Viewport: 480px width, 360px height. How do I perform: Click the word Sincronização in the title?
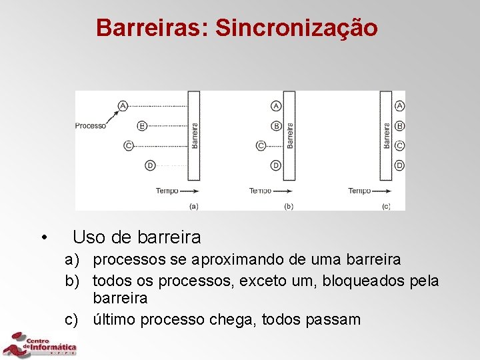coord(297,28)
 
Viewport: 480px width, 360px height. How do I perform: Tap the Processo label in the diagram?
coord(91,125)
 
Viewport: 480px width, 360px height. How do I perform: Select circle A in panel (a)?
coord(123,105)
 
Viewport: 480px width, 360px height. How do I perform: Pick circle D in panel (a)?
coord(150,165)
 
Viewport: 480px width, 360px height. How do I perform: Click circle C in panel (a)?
coord(129,145)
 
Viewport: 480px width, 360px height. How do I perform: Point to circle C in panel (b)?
coord(261,145)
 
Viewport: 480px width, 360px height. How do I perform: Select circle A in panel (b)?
coord(276,105)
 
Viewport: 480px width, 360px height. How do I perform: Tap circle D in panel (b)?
coord(276,165)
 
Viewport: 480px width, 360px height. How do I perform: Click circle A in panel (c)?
coord(399,105)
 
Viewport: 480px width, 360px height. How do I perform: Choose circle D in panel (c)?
coord(399,165)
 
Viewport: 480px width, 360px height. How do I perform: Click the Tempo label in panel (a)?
coord(167,191)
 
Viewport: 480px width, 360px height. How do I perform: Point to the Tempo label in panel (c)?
coord(359,191)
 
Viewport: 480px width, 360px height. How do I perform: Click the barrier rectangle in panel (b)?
coord(289,135)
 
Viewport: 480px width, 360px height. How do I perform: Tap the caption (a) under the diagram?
coord(193,207)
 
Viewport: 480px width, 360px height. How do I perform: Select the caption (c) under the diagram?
coord(386,207)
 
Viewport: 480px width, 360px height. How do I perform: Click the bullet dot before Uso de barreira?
coord(43,237)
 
